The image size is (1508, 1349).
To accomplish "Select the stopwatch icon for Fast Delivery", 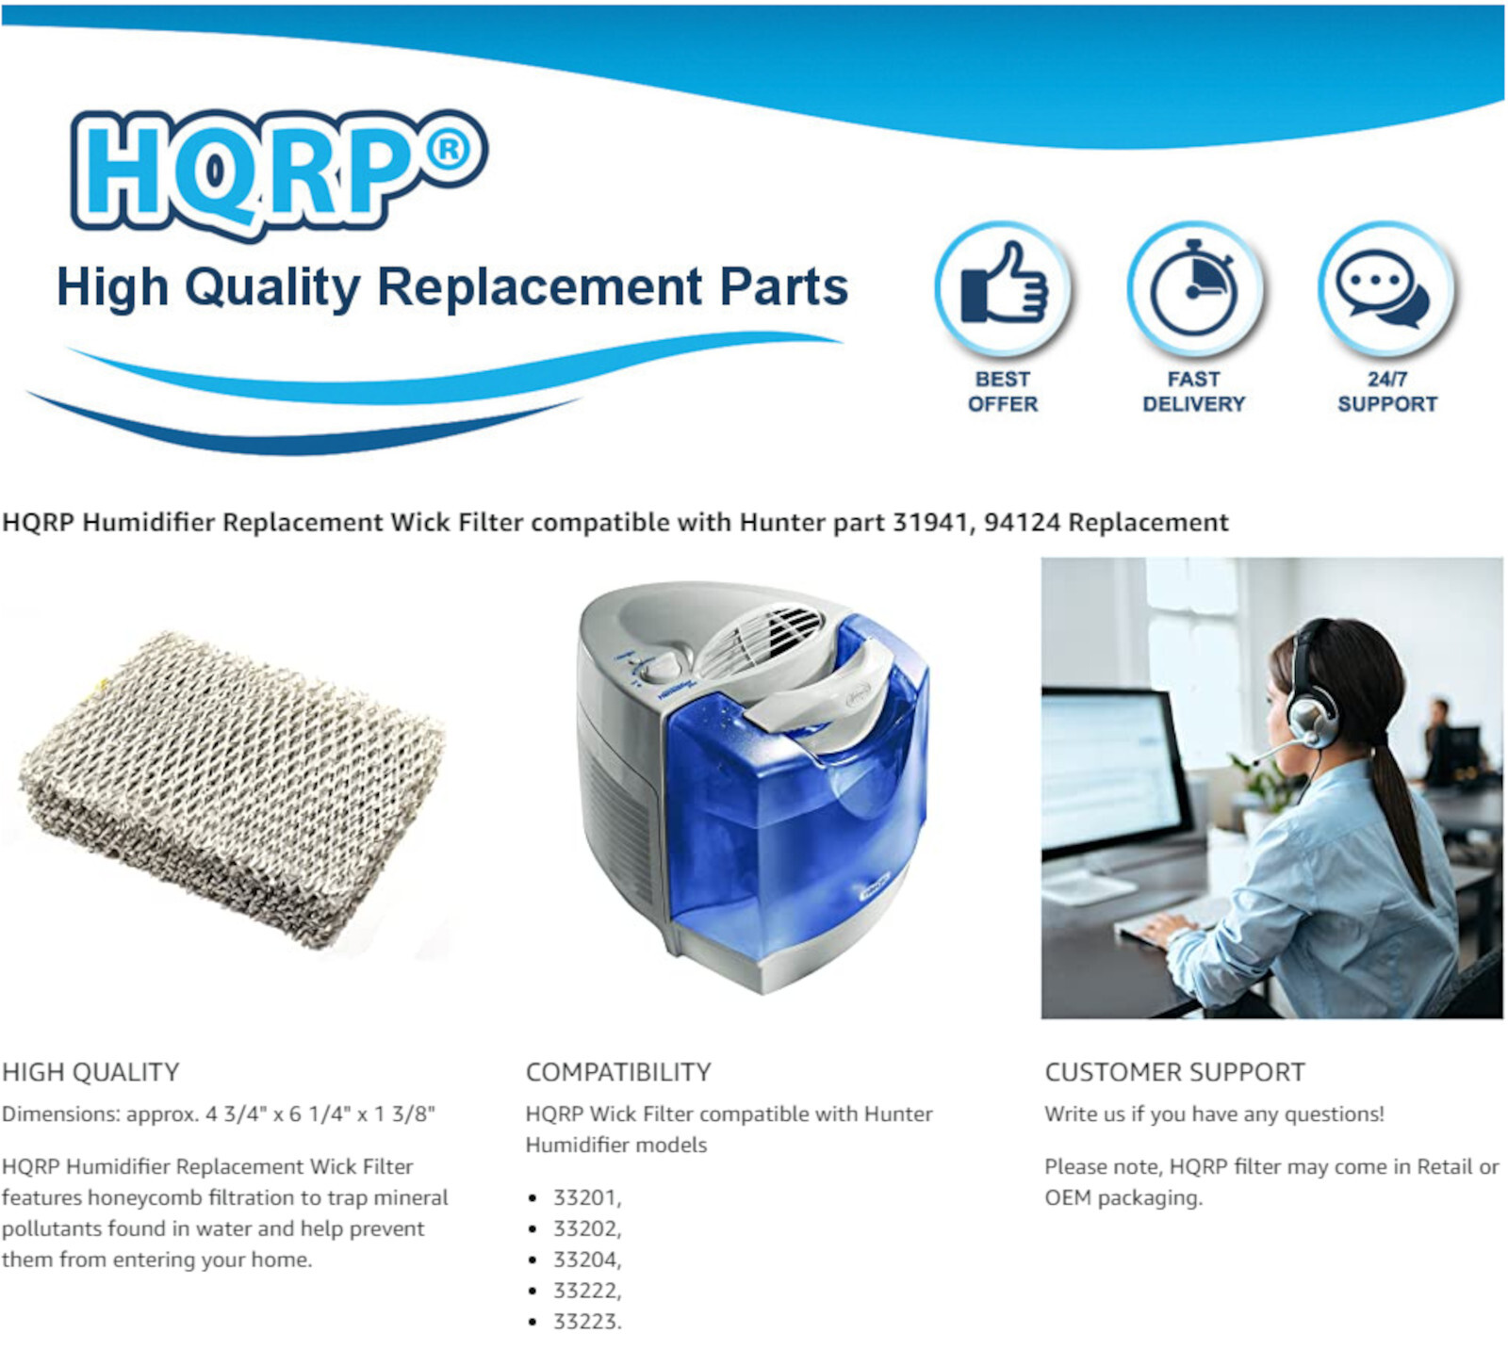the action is [1194, 287].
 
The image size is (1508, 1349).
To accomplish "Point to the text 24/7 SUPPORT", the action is [1387, 391].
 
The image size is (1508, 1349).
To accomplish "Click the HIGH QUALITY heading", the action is [90, 1072].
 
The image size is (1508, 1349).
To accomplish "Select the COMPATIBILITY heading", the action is [618, 1072].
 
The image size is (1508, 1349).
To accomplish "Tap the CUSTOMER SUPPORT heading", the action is [1174, 1072].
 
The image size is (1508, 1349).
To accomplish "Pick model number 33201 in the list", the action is [584, 1197].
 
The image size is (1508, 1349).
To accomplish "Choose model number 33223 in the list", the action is [584, 1322].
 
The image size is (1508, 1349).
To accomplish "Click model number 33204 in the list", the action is [584, 1260].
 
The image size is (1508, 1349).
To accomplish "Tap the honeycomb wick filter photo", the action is [232, 789].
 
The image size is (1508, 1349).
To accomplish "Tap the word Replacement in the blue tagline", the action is [540, 286].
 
